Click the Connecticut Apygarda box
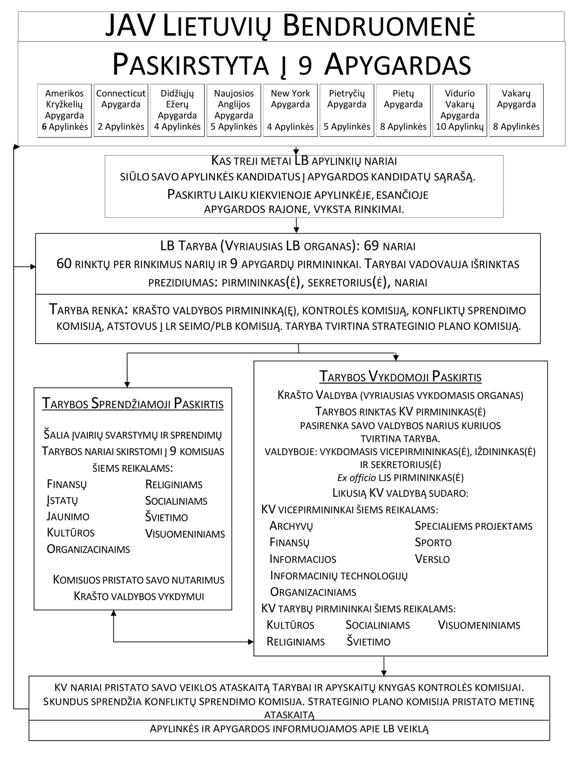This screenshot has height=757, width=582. pos(121,110)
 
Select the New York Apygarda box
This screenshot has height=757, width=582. pos(290,110)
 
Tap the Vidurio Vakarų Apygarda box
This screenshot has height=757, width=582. pos(460,110)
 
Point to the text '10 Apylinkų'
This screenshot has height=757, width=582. pos(460,127)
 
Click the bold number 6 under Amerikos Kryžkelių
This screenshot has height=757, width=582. pos(44,127)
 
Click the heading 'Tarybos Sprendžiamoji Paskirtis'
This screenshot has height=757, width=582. pos(133,404)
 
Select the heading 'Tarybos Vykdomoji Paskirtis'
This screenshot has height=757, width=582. pos(400,377)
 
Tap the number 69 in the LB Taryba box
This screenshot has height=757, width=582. pos(371,246)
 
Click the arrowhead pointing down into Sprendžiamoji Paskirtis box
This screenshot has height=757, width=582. pos(127,384)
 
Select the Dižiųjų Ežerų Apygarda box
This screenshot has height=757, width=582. pos(177,110)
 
